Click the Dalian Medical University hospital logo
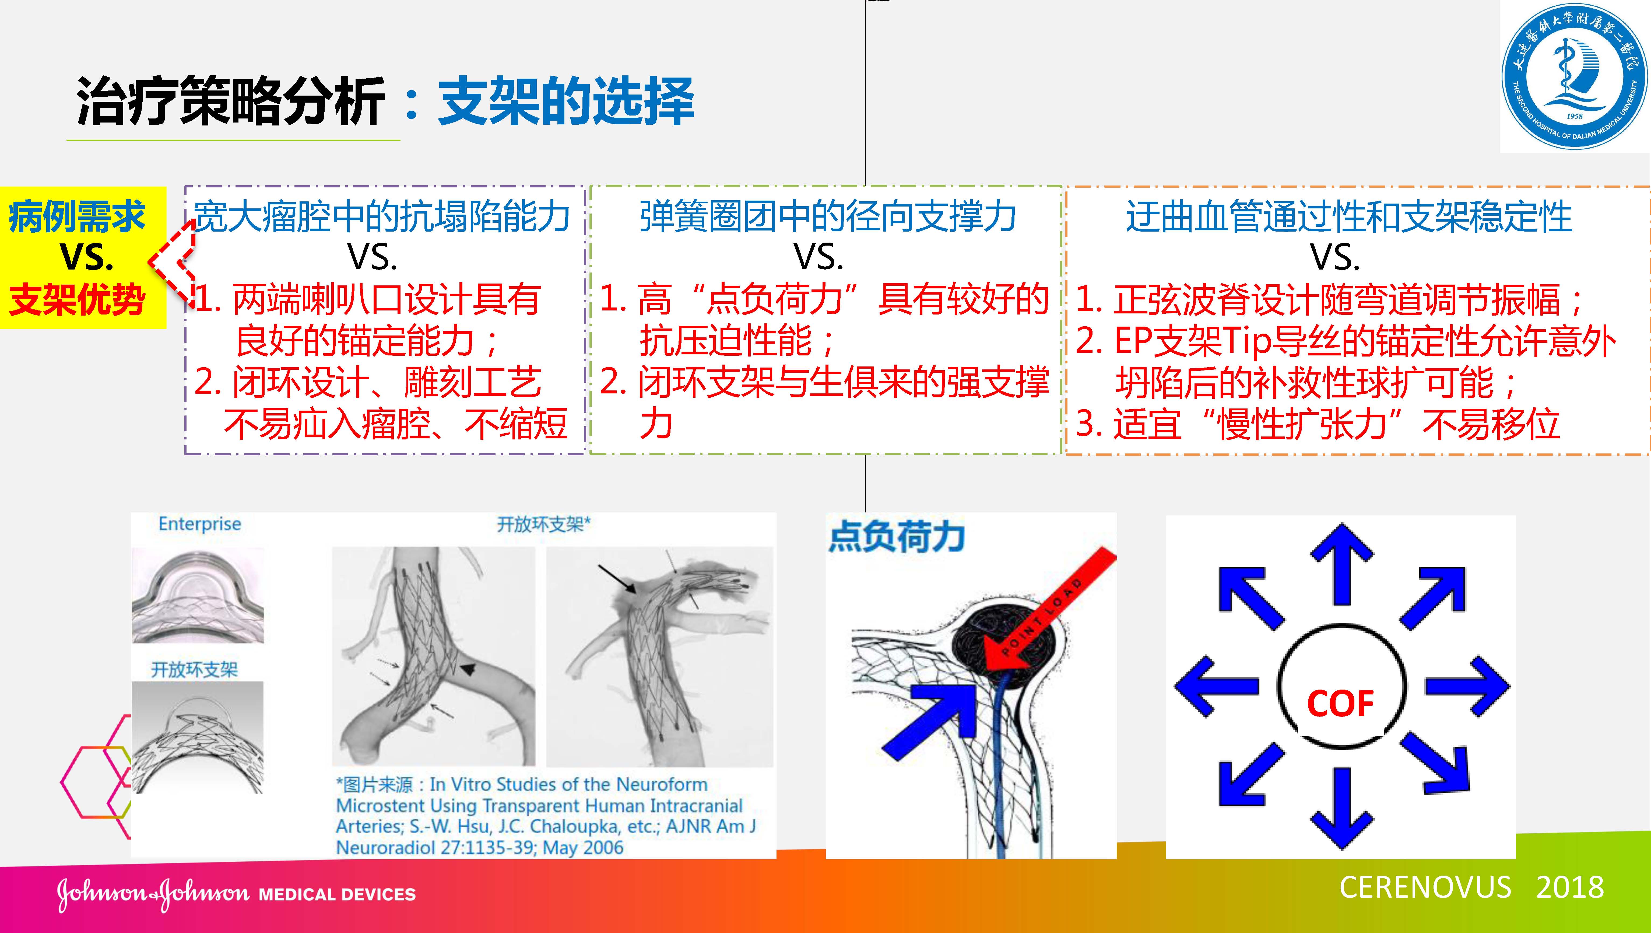pos(1574,77)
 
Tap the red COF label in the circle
pos(1340,703)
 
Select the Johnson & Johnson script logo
pos(153,893)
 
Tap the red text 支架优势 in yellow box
pos(77,300)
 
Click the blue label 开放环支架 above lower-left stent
pos(194,670)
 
